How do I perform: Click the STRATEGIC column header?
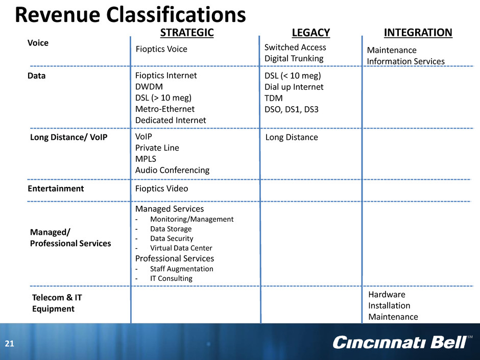tap(187, 33)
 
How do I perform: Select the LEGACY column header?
tap(310, 33)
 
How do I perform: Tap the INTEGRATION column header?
tap(418, 33)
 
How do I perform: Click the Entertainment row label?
tap(56, 188)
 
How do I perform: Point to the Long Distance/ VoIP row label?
tap(68, 137)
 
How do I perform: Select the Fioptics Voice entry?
tap(161, 49)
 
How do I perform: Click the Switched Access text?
tap(295, 47)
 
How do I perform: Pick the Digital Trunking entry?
tap(294, 59)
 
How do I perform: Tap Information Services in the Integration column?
tap(405, 61)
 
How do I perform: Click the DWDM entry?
tap(149, 87)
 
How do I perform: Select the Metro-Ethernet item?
tap(165, 109)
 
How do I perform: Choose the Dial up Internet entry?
tap(294, 87)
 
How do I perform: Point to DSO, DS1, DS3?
tap(292, 109)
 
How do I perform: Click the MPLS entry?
tap(146, 159)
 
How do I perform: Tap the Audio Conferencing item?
tap(173, 170)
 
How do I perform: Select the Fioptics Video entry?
tap(162, 188)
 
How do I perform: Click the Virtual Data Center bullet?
tap(181, 248)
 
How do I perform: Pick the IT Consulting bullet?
tap(171, 278)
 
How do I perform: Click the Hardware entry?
tap(387, 295)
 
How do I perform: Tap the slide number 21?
tap(10, 344)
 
